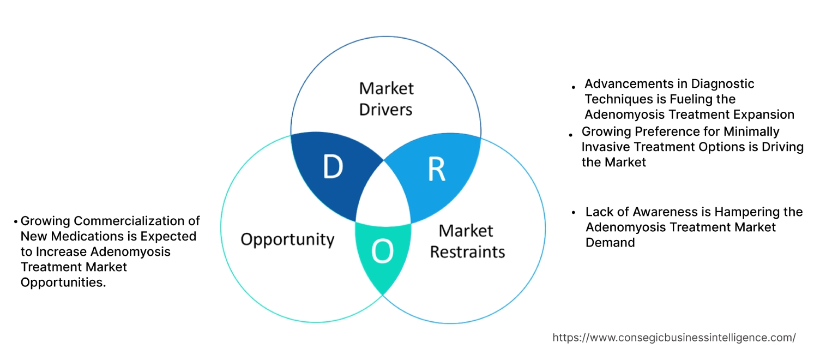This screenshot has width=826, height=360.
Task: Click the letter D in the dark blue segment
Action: (333, 167)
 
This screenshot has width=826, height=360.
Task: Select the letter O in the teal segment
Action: (382, 251)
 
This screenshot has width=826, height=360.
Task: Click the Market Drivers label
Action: (386, 99)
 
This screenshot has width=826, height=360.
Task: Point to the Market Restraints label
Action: (467, 241)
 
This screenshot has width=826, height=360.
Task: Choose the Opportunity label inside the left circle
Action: (287, 239)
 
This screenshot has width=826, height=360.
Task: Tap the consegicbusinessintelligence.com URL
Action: (674, 338)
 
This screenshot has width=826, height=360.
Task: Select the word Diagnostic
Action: (723, 84)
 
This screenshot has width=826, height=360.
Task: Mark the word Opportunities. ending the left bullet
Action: (63, 282)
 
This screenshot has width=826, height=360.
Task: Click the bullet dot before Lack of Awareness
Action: (574, 213)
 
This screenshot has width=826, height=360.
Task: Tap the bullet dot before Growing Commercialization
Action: (16, 222)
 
